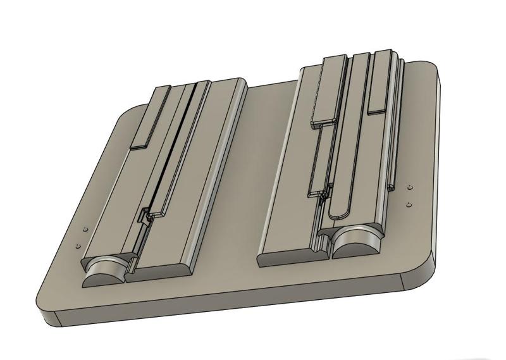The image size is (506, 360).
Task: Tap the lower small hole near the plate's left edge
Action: [x=77, y=244]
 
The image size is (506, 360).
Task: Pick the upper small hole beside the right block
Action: [x=409, y=188]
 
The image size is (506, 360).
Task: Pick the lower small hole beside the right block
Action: [x=409, y=204]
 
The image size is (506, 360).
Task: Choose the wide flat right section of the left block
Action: [x=202, y=177]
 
